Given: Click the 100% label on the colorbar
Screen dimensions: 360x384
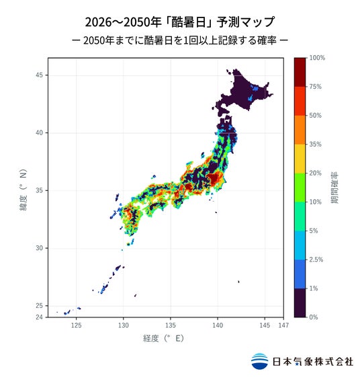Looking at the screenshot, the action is pyautogui.click(x=317, y=58).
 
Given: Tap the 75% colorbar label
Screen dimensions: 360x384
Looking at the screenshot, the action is pyautogui.click(x=315, y=87).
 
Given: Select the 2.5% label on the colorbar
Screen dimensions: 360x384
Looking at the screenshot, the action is pyautogui.click(x=316, y=260).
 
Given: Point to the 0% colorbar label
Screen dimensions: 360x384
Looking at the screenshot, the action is pyautogui.click(x=314, y=317).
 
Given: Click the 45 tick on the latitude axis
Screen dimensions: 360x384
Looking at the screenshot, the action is pyautogui.click(x=39, y=75).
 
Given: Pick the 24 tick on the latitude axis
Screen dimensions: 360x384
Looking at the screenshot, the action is pyautogui.click(x=39, y=317).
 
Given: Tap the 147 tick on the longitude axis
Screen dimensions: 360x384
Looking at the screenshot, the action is pyautogui.click(x=283, y=325).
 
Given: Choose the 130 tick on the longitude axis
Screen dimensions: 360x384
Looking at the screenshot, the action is pyautogui.click(x=124, y=325).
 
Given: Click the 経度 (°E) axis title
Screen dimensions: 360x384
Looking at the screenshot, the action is pyautogui.click(x=163, y=338).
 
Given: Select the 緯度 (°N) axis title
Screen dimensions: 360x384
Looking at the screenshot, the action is pyautogui.click(x=24, y=190).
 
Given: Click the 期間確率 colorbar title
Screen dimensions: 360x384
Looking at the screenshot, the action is pyautogui.click(x=334, y=188).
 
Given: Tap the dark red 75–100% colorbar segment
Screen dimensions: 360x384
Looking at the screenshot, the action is pyautogui.click(x=300, y=72).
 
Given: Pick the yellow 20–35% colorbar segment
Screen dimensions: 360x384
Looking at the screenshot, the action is pyautogui.click(x=300, y=159).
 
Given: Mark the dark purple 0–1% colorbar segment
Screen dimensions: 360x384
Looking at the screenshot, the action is pyautogui.click(x=300, y=303).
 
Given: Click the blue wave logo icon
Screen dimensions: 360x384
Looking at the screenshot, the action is pyautogui.click(x=259, y=361).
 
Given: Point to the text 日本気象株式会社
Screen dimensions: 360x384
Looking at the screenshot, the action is pyautogui.click(x=313, y=361).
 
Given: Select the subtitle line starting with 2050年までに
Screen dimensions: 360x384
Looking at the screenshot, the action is pyautogui.click(x=180, y=40).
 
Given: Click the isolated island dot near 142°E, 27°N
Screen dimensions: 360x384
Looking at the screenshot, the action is pyautogui.click(x=238, y=282).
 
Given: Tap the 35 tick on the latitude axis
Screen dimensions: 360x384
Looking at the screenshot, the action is pyautogui.click(x=39, y=190).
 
